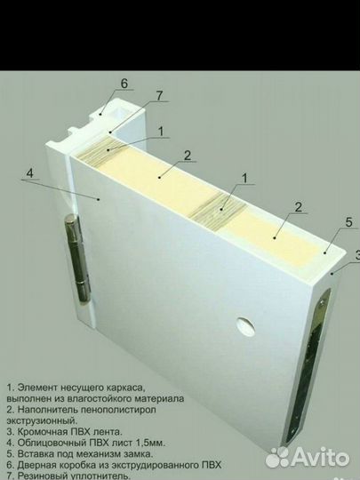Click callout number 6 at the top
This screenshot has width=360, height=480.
[124, 84]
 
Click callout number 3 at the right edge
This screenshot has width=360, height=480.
[356, 254]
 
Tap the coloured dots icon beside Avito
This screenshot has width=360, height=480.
[278, 458]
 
